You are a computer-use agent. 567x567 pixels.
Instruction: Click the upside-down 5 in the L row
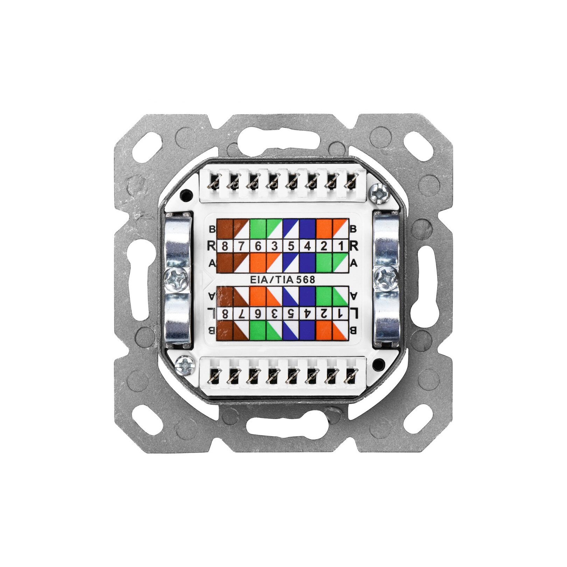coord(291,313)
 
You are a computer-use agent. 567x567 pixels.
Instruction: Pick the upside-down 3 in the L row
coord(274,313)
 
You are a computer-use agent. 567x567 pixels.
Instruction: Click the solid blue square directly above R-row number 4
coord(308,229)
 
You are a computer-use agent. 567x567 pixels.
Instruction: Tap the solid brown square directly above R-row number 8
coord(225,229)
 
